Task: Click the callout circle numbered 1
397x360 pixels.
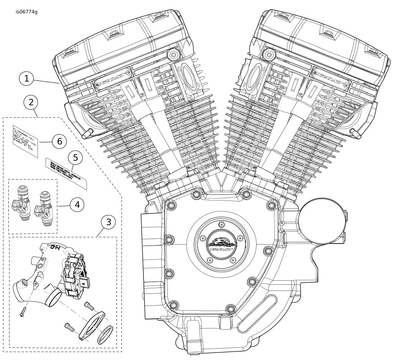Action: tap(27, 79)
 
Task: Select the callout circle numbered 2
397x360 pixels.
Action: tap(31, 102)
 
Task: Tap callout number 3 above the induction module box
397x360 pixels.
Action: tap(109, 222)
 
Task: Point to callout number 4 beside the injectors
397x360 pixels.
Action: tap(77, 205)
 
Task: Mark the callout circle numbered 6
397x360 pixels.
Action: tap(59, 142)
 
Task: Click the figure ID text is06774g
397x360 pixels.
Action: tap(27, 12)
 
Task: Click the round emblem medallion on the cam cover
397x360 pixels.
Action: tap(219, 243)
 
